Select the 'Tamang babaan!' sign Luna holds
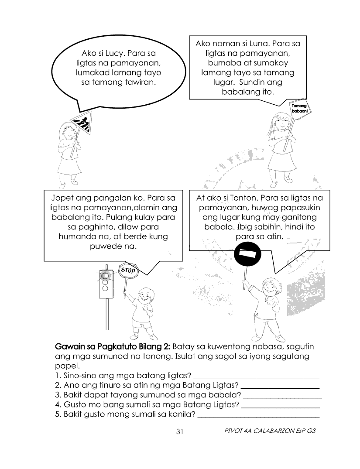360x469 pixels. (x=298, y=108)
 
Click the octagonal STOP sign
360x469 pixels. (x=128, y=270)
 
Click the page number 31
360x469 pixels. (x=179, y=431)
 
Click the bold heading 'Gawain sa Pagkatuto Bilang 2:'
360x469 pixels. (x=113, y=347)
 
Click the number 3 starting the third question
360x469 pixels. (x=57, y=395)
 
